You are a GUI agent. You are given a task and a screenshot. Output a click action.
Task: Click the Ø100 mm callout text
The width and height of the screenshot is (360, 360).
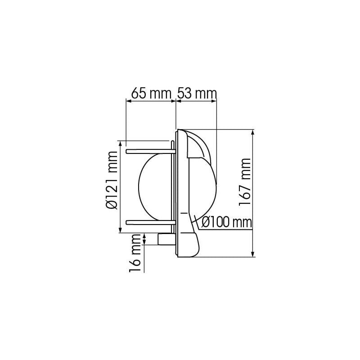pos(226,222)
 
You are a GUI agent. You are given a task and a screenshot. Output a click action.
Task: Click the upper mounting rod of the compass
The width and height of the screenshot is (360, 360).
pos(148,151)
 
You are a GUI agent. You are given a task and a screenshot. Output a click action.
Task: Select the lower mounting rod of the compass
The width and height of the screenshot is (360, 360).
pos(148,221)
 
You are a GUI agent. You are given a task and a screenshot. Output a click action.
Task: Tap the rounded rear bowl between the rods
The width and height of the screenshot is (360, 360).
pos(155,186)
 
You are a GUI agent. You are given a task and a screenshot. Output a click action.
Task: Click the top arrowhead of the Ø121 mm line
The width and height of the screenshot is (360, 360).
pos(120,144)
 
